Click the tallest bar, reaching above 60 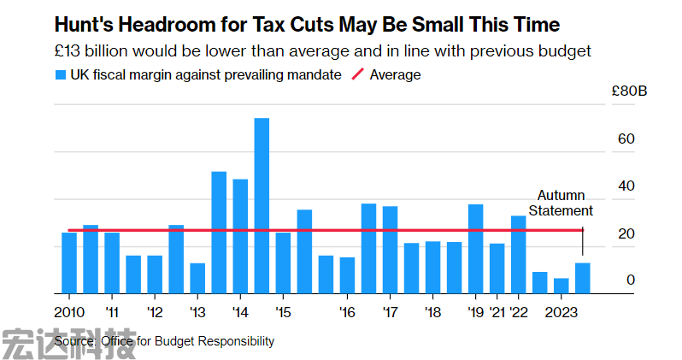tap(262, 205)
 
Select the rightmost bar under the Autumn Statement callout tap(582, 278)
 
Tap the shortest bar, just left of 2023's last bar tap(561, 286)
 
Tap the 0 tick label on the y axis tap(630, 280)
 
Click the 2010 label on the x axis tap(69, 310)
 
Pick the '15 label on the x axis tap(282, 310)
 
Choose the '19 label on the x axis tap(475, 310)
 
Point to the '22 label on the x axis tap(519, 310)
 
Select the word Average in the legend tap(396, 75)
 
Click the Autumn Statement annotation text tap(560, 203)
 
